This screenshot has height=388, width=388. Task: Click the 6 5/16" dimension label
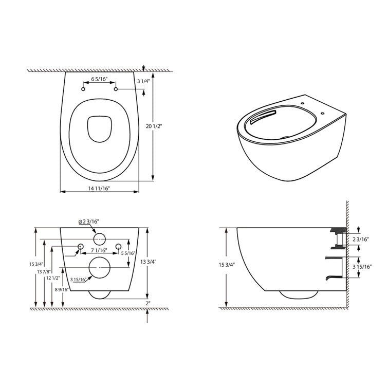click(x=100, y=79)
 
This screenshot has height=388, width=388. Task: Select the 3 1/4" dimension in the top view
click(x=143, y=81)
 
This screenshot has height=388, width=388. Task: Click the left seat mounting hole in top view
click(x=83, y=89)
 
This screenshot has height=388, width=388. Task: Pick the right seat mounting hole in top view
click(x=116, y=89)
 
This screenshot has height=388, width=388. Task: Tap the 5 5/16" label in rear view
click(x=128, y=253)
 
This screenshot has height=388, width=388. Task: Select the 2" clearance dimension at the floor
click(x=147, y=303)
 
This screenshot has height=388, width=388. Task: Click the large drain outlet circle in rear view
click(x=99, y=268)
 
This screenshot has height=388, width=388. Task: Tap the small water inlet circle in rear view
click(x=100, y=239)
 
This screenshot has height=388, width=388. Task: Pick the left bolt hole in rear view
click(x=80, y=248)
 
